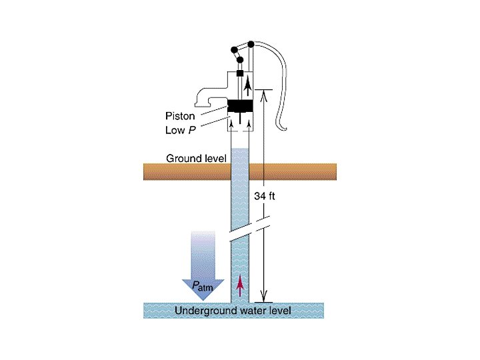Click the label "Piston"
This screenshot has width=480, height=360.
180,116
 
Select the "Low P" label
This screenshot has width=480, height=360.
181,130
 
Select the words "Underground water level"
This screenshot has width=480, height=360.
232,311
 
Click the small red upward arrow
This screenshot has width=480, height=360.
240,285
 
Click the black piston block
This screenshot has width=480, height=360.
241,105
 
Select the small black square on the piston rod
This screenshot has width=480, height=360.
239,72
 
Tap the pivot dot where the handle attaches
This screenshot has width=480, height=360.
251,45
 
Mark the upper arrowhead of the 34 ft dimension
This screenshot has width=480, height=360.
265,94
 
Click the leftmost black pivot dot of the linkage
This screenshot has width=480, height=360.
233,49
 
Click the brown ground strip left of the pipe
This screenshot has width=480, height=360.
187,171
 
